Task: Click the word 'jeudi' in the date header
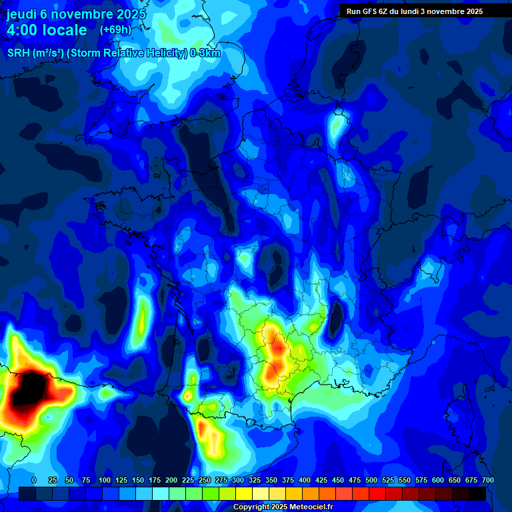21,14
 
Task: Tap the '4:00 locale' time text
47,30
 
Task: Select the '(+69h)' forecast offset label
115,30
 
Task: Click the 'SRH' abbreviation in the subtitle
19,53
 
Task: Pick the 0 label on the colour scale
34,480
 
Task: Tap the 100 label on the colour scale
105,480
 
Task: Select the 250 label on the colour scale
205,480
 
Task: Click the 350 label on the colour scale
271,480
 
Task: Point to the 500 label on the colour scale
371,480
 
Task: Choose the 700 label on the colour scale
487,480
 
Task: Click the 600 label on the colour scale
438,480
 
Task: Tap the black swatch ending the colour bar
477,493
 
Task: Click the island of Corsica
460,417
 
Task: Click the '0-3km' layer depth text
205,53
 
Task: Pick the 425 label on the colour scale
321,480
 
